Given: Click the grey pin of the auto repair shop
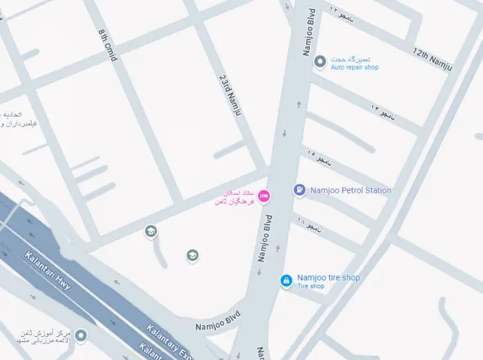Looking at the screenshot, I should (320, 62).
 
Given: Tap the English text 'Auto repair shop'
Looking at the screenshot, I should (355, 67).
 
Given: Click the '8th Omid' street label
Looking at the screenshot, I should (107, 45).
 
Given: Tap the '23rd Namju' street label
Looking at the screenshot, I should (229, 95).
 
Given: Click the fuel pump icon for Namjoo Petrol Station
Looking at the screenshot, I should (300, 190).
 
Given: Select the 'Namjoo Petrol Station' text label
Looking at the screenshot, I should (351, 190).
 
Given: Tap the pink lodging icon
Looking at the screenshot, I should (264, 196).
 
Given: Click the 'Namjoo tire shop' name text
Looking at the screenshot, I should (328, 277).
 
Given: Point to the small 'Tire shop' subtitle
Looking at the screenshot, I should (311, 287).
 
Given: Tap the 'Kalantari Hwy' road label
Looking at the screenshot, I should (48, 271).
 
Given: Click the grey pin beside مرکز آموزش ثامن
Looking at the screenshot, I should (81, 336).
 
